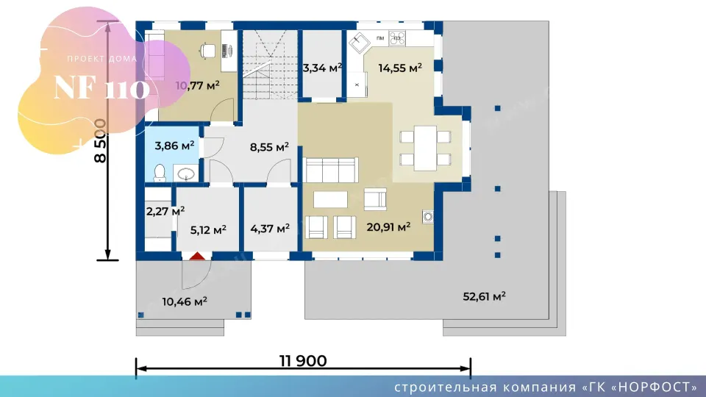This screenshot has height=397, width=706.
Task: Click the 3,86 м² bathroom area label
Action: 174,146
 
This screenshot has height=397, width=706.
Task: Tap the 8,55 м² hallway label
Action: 269,147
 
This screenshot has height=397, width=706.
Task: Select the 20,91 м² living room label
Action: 388,227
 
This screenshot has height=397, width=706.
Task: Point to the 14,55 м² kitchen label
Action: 400,68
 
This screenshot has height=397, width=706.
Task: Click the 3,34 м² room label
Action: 322,68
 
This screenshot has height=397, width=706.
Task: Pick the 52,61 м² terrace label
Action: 484,296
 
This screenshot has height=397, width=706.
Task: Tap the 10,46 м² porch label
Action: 185,301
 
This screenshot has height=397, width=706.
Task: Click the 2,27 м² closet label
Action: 165,211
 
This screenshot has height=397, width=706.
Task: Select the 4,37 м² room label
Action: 270,229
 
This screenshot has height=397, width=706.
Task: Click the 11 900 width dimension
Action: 303,361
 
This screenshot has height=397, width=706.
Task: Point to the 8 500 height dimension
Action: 101,141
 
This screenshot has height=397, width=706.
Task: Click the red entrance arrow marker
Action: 197,257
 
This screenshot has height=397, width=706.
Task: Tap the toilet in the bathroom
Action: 160,174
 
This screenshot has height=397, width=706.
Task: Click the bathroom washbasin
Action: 185,174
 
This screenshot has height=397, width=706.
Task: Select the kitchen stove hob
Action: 397,37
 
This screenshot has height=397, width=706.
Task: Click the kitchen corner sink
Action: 360,43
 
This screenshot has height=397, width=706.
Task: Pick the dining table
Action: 426,148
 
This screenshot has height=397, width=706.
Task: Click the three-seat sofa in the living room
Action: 332,170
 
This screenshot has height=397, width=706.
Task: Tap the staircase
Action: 270,65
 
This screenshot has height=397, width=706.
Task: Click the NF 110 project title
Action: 101,88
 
